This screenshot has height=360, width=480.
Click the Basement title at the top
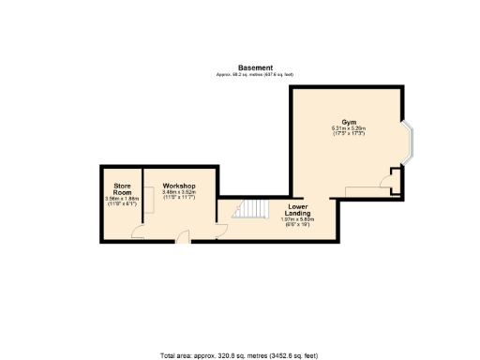click(255, 67)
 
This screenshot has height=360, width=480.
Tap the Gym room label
click(349, 122)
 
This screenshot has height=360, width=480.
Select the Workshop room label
click(177, 186)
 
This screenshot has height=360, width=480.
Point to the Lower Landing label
click(298, 209)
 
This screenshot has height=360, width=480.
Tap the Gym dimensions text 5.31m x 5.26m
click(348, 128)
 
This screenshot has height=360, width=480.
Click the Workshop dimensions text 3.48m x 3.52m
click(177, 192)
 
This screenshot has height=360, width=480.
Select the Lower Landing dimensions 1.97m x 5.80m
click(298, 219)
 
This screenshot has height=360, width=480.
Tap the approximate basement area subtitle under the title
click(255, 74)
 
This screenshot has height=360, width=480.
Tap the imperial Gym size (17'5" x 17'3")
click(348, 134)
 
